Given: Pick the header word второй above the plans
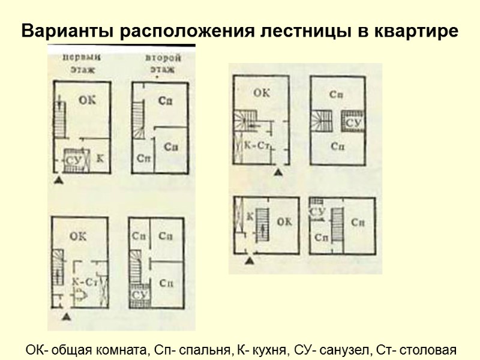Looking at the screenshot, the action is click(x=160, y=58).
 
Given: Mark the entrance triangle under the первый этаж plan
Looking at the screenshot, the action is click(x=58, y=179).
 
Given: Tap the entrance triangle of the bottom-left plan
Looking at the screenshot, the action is click(x=67, y=315).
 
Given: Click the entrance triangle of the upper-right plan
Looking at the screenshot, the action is click(x=278, y=173).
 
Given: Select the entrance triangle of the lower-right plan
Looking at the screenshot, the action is click(x=250, y=261).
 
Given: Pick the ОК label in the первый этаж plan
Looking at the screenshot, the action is click(x=86, y=101).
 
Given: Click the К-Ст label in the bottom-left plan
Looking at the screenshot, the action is click(x=83, y=281).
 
